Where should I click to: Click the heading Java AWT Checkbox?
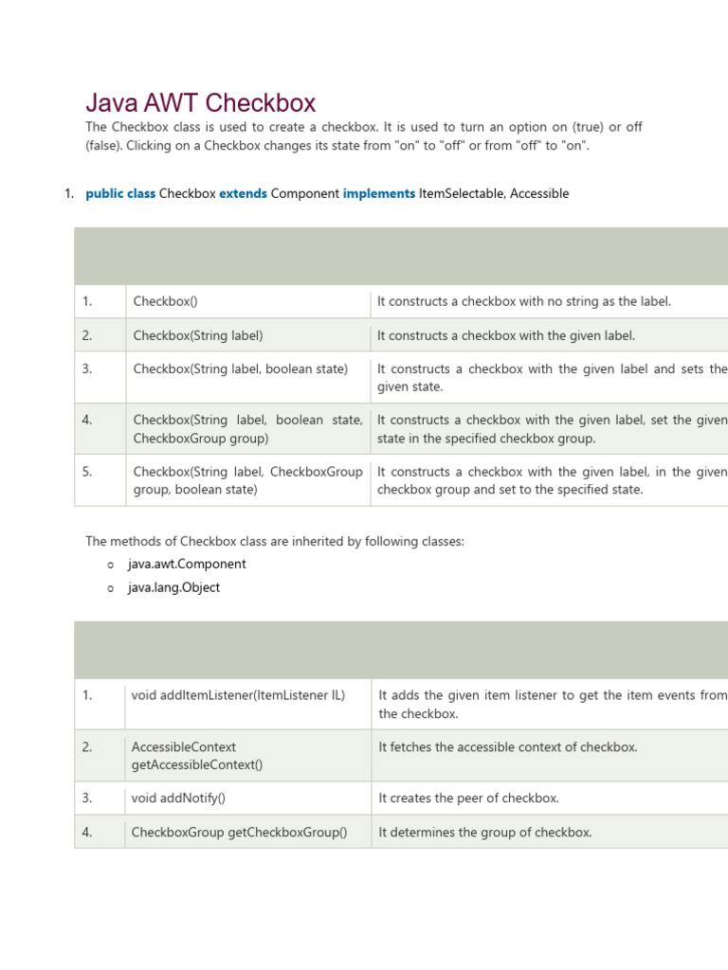pyautogui.click(x=201, y=102)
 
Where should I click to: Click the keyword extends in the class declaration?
pyautogui.click(x=243, y=193)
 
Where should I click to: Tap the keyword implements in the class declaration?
pyautogui.click(x=378, y=193)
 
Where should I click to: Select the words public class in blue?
pyautogui.click(x=120, y=193)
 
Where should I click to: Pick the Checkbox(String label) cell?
pyautogui.click(x=198, y=335)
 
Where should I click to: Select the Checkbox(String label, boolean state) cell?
pyautogui.click(x=241, y=368)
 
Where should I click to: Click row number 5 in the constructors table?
pyautogui.click(x=87, y=471)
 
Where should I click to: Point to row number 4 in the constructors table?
pyautogui.click(x=87, y=420)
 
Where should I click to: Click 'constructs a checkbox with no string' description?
pyautogui.click(x=523, y=301)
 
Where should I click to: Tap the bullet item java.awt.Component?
pyautogui.click(x=187, y=564)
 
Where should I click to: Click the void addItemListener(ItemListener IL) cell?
pyautogui.click(x=238, y=694)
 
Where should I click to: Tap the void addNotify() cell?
pyautogui.click(x=178, y=798)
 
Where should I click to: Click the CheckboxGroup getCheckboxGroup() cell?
pyautogui.click(x=239, y=832)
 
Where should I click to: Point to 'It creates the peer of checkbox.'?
pyautogui.click(x=468, y=798)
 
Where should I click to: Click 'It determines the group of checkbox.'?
pyautogui.click(x=484, y=832)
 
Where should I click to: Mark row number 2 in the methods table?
pyautogui.click(x=87, y=746)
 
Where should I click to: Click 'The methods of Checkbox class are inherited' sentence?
pyautogui.click(x=275, y=541)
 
